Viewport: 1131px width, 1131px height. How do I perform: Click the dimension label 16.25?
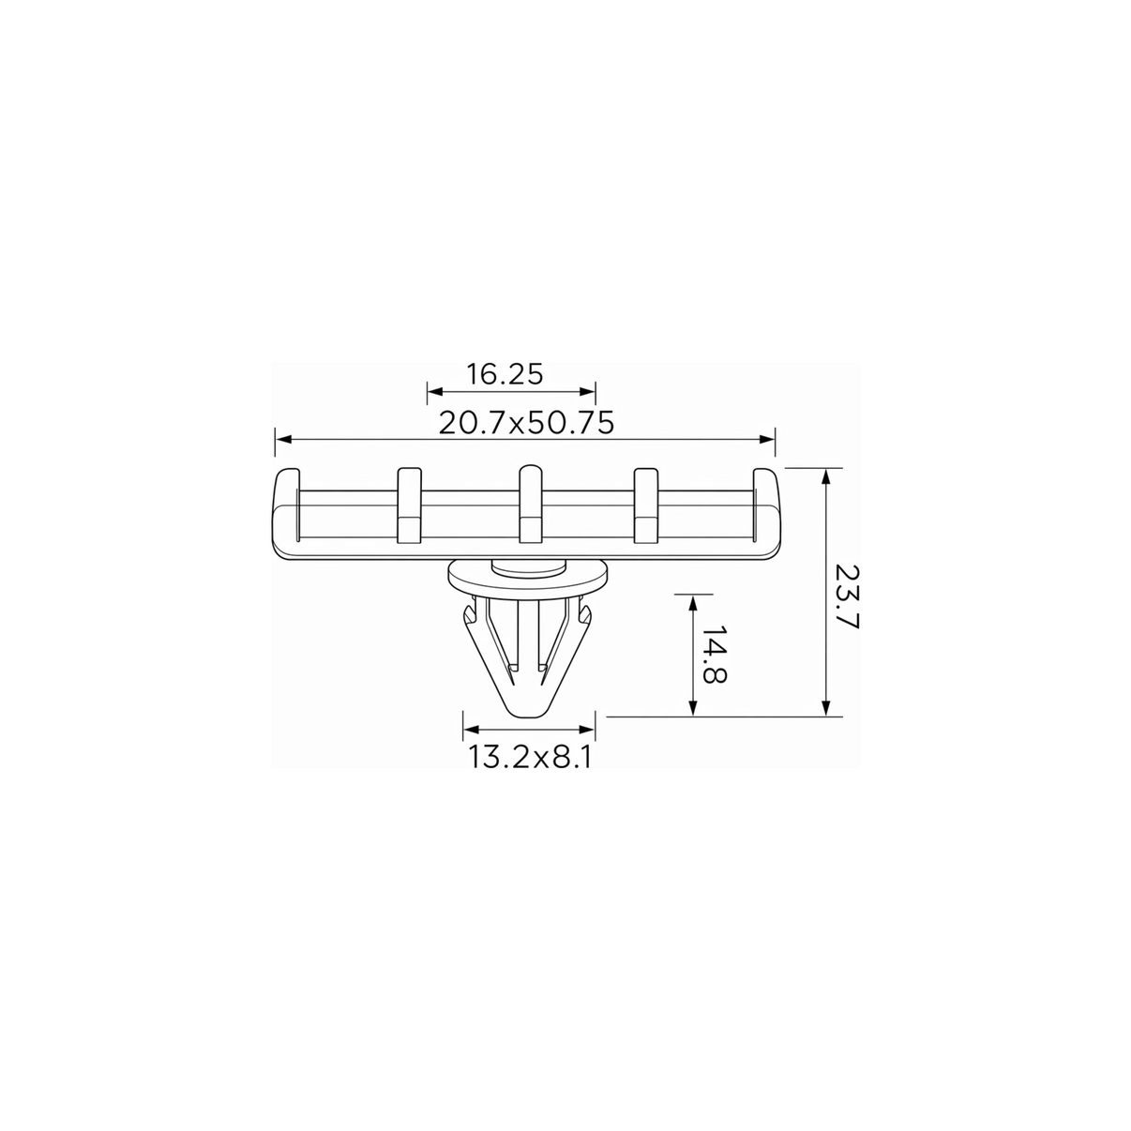[x=505, y=374]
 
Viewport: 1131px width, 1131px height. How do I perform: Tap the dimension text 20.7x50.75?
[x=526, y=423]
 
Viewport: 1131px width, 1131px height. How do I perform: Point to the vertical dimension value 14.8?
[x=715, y=654]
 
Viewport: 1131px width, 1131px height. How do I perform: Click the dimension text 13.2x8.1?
[x=530, y=757]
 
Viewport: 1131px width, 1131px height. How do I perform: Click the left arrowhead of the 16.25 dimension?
[x=435, y=391]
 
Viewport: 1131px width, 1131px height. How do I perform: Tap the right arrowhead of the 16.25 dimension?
[x=587, y=391]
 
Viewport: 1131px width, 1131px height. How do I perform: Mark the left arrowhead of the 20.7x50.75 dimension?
[x=283, y=440]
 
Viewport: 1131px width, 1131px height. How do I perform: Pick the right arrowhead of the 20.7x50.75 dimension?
[x=766, y=440]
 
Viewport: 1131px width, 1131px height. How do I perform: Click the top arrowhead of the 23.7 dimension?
[x=826, y=476]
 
